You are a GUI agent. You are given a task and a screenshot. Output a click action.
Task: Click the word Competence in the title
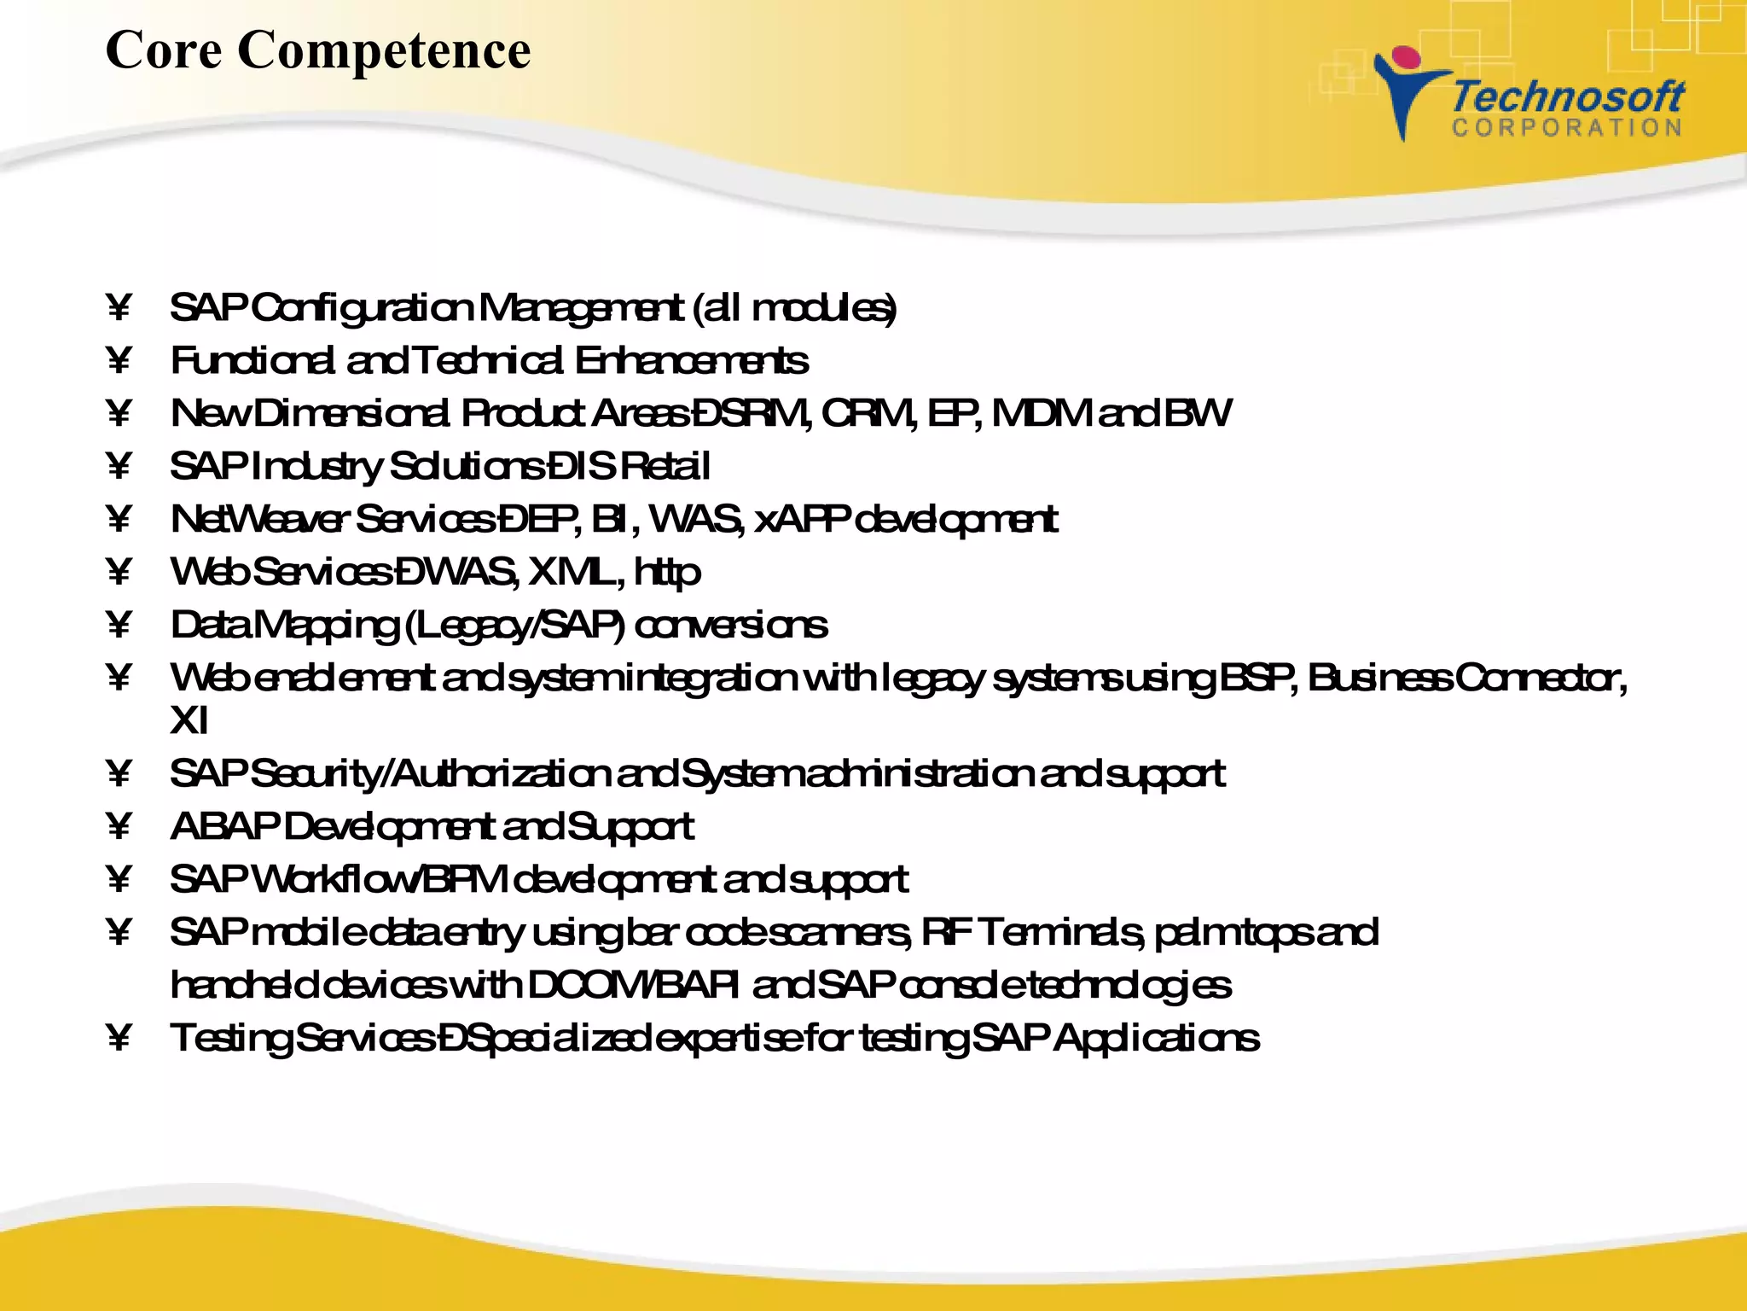383,50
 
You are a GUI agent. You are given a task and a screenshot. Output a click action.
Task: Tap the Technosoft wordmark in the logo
1567,96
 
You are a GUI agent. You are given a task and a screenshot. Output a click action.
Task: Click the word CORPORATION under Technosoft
1567,128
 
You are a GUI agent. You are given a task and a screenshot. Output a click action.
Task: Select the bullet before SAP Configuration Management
119,308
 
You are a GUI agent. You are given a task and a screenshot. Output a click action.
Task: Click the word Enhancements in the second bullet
691,361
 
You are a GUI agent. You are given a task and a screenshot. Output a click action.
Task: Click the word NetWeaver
259,520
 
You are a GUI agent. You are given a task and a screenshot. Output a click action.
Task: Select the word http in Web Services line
667,573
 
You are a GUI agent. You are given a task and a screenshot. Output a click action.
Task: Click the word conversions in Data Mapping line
731,626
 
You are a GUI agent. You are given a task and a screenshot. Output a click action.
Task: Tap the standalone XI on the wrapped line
189,721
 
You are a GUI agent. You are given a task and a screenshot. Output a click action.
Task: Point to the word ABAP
224,827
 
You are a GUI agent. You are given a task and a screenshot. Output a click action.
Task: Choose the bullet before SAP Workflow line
119,880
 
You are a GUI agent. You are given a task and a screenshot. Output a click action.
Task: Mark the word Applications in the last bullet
1156,1039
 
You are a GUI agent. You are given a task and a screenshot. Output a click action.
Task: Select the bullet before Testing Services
119,1039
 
